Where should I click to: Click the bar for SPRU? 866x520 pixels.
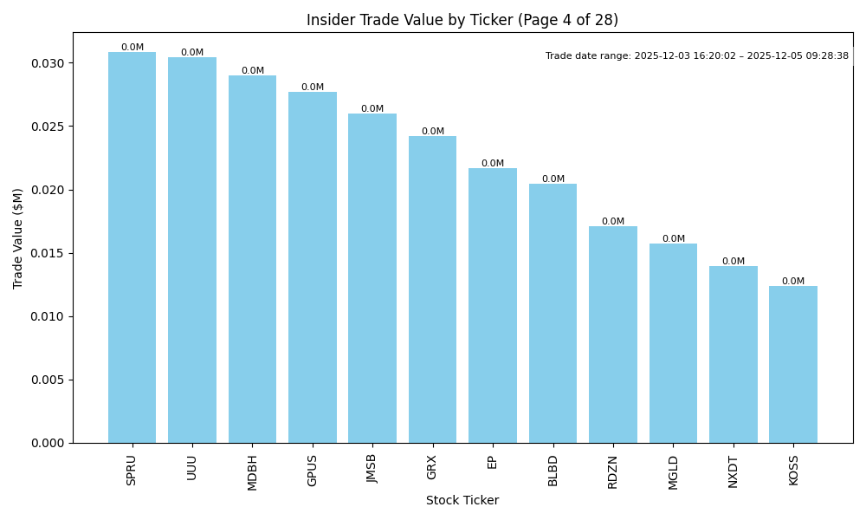coord(132,248)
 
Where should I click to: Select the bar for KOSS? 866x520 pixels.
coord(793,364)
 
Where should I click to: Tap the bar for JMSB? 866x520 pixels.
coord(372,278)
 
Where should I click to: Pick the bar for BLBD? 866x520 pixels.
coord(553,313)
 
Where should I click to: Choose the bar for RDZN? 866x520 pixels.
coord(613,335)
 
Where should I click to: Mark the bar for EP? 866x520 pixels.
coord(493,305)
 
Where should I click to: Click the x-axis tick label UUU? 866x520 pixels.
coord(192,468)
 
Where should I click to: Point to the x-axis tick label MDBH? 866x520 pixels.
coord(252,472)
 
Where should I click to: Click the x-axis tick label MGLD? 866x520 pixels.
coord(673,471)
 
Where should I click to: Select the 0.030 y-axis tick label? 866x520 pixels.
coord(46,63)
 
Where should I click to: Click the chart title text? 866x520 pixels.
coord(462,20)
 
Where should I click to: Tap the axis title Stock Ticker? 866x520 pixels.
coord(462,500)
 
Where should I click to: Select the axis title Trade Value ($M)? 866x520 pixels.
coord(18,237)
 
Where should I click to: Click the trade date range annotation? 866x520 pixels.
coord(697,56)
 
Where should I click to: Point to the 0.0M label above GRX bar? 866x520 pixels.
coord(433,132)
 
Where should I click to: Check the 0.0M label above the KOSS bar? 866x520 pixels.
coord(793,282)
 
